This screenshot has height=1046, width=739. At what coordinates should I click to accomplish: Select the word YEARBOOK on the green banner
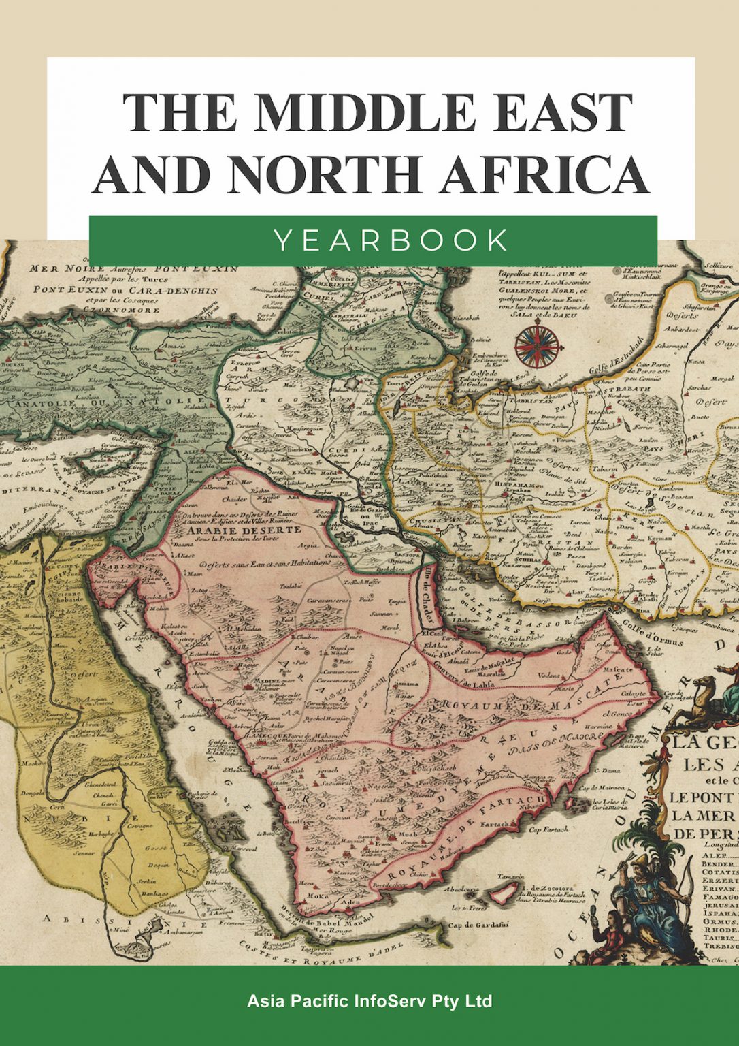pos(391,240)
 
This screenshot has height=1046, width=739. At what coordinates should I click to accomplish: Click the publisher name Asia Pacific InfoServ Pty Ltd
pos(369,1002)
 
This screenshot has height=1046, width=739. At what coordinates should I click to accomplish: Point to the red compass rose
pos(537,346)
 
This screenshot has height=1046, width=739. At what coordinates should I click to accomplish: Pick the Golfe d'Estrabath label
pos(615,358)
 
